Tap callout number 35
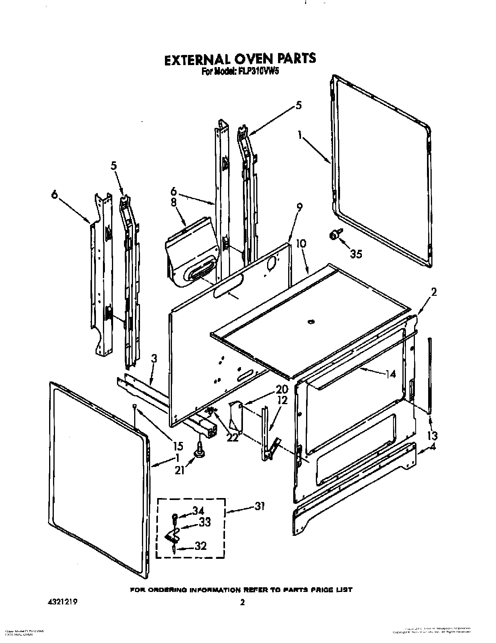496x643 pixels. [x=356, y=254]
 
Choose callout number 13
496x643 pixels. [x=433, y=435]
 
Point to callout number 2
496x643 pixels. [x=434, y=291]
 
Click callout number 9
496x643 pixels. [x=299, y=208]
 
